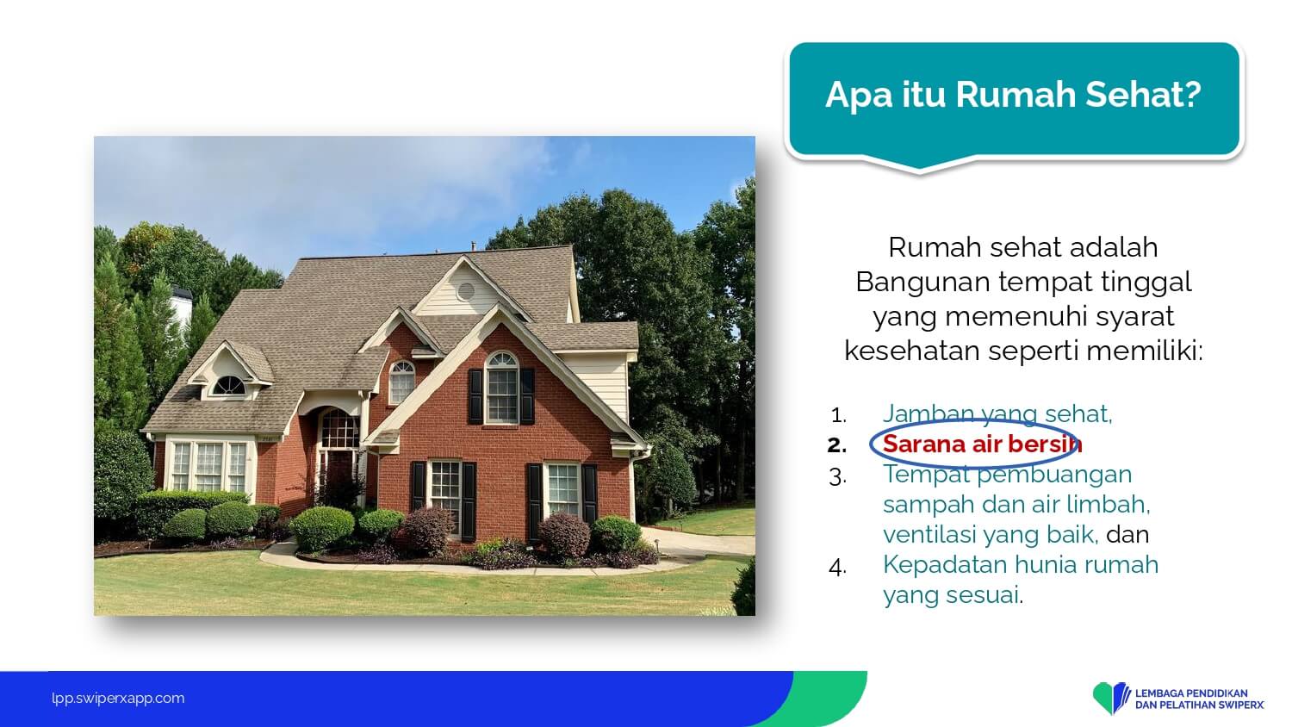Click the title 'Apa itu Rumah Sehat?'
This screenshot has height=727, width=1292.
point(1014,94)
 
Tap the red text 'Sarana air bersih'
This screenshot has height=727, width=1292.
point(982,444)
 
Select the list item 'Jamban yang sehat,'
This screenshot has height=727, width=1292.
point(997,414)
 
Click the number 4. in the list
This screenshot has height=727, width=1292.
point(837,567)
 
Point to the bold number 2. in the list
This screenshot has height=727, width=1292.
point(837,445)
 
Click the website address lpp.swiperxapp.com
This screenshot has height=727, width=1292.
point(118,699)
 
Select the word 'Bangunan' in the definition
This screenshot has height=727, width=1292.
point(922,283)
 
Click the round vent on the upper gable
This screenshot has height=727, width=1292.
point(465,291)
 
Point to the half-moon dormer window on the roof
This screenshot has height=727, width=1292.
point(228,385)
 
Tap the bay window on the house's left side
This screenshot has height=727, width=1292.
point(209,466)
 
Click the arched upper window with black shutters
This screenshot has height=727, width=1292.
point(502,387)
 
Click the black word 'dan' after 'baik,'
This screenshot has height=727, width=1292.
point(1127,534)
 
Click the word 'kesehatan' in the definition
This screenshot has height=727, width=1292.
point(912,351)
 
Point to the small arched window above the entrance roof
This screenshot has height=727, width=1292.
point(402,382)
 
